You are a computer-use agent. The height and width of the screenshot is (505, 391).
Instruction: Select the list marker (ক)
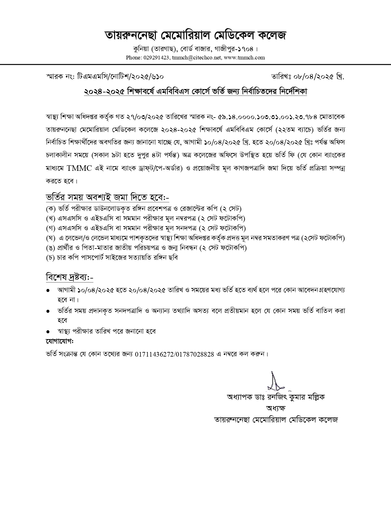(x=50, y=209)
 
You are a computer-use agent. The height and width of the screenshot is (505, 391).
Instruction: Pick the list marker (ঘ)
(x=50, y=238)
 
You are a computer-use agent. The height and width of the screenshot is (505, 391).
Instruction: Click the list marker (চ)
(x=50, y=257)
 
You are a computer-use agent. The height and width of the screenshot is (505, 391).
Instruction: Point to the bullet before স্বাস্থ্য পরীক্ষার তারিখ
(x=48, y=331)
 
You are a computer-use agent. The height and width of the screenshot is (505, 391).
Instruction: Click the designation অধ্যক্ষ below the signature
(x=276, y=408)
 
